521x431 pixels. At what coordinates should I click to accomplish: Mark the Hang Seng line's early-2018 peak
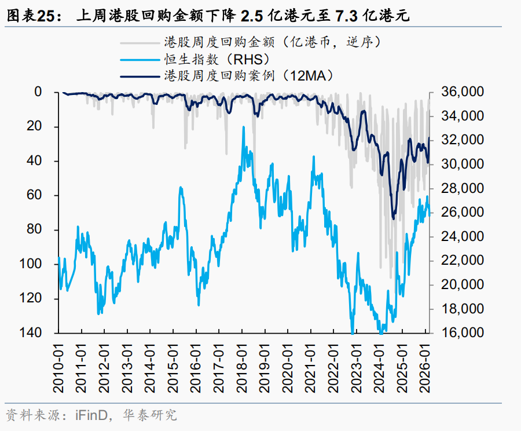pos(244,127)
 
